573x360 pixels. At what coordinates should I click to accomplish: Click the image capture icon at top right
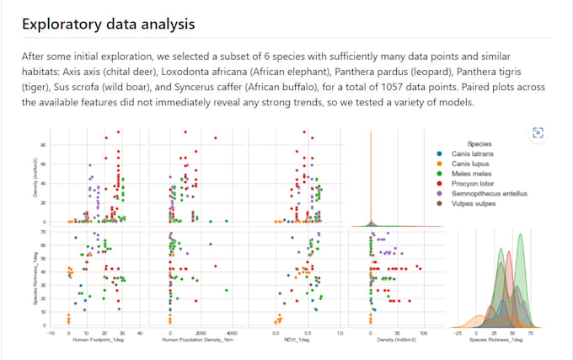538,132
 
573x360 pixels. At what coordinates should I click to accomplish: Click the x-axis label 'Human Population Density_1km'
197,340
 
